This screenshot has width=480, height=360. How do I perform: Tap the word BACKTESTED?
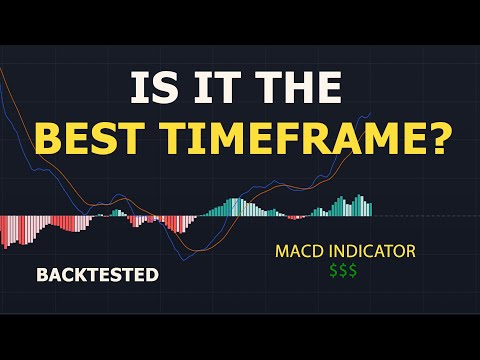pyautogui.click(x=97, y=273)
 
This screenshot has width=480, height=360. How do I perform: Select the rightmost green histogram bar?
pyautogui.click(x=369, y=209)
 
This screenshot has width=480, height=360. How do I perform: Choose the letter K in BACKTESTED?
pyautogui.click(x=76, y=273)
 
